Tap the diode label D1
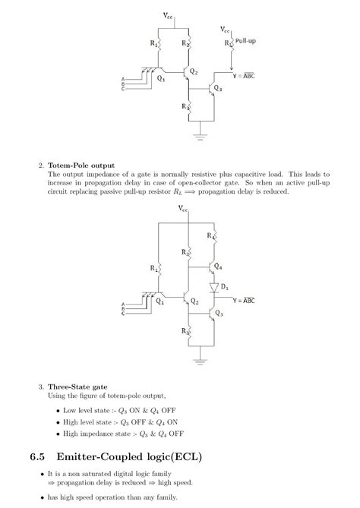pos(225,286)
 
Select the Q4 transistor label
pos(219,267)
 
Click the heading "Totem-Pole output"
pos(81,165)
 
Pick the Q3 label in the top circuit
pos(218,88)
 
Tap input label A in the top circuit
pos(123,80)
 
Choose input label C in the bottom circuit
pos(123,312)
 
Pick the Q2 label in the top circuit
pos(194,71)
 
